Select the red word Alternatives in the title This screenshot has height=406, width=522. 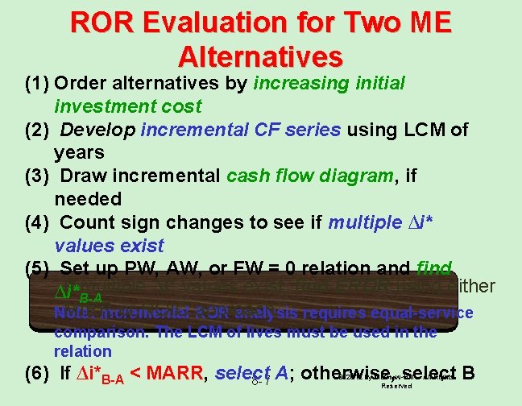point(260,56)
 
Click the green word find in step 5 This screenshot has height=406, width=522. point(436,268)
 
